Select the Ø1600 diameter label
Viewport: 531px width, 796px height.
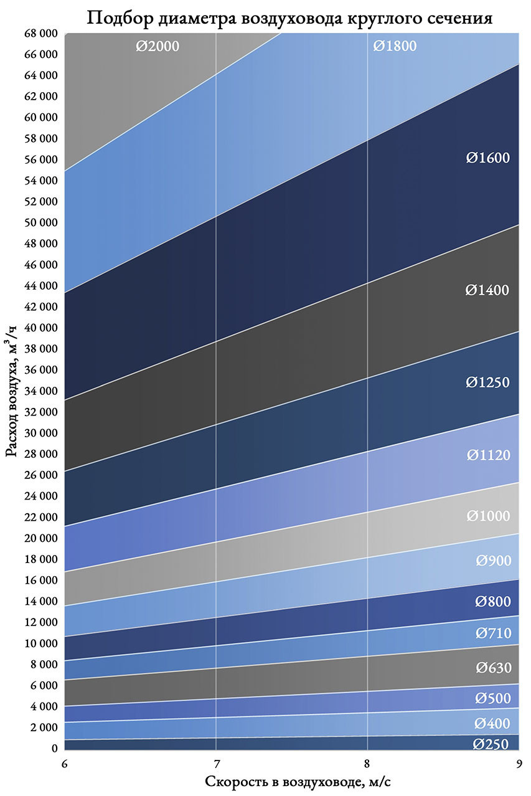coord(488,158)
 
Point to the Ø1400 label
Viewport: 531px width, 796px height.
coord(488,290)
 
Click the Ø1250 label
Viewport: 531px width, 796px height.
coord(488,382)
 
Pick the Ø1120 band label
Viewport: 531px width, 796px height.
coord(489,455)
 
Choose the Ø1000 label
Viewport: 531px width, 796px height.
coord(489,516)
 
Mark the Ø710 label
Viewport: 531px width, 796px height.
coord(493,633)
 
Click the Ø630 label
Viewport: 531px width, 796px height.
coord(493,668)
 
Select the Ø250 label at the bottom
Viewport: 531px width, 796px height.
coord(491,744)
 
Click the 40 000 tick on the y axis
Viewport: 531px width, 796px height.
coord(39,328)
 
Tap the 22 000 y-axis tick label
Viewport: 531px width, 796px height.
coord(39,517)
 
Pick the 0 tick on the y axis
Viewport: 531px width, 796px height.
coord(55,749)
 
